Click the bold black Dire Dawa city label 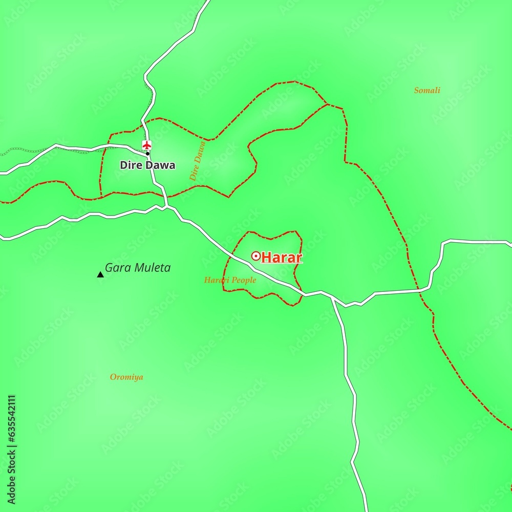click(x=147, y=165)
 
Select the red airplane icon click(x=147, y=145)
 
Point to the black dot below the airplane click(x=147, y=154)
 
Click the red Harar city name click(x=282, y=258)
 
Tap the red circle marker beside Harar click(x=255, y=256)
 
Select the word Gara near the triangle click(x=115, y=268)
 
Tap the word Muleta click(x=150, y=268)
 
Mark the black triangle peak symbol click(x=100, y=275)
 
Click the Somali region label click(x=427, y=91)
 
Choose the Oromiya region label click(x=126, y=377)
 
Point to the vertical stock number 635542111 click(x=12, y=446)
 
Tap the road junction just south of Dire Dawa click(x=167, y=207)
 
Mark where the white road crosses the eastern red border click(x=419, y=290)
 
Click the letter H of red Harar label click(x=265, y=258)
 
